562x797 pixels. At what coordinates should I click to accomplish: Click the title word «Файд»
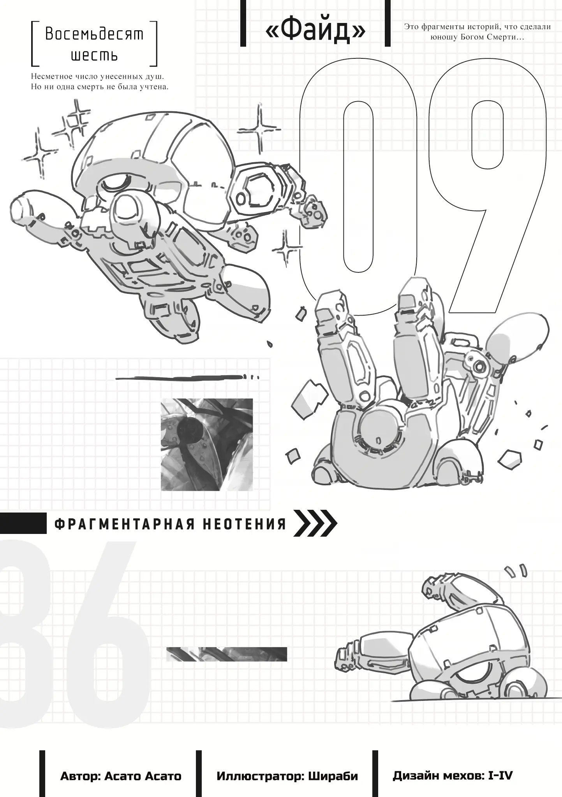(315, 32)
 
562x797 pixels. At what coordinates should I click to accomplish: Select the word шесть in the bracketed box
(94, 56)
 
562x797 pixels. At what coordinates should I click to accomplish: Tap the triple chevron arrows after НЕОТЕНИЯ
(315, 524)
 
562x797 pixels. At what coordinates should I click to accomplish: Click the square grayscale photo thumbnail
(207, 444)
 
